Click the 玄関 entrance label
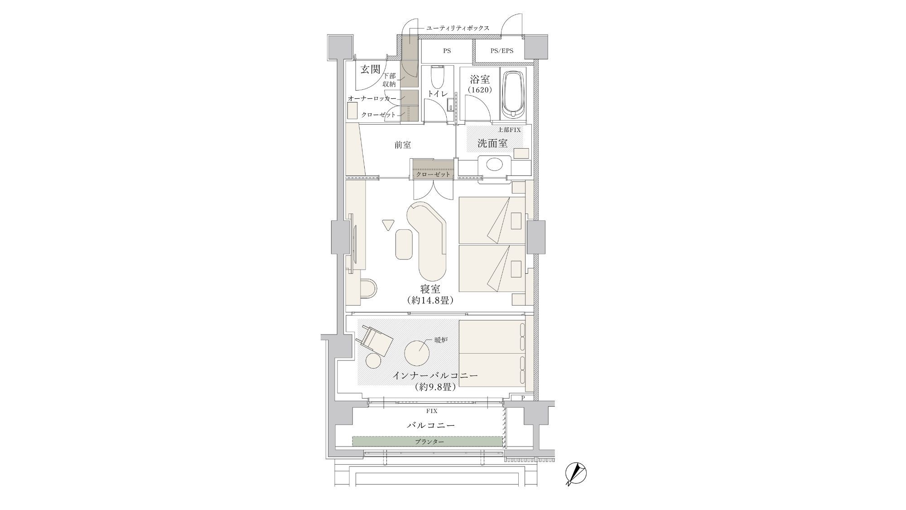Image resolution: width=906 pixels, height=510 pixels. [x=371, y=69]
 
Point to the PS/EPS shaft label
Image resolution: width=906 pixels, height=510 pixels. [x=501, y=51]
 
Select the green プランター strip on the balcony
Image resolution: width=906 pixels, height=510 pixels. [x=428, y=441]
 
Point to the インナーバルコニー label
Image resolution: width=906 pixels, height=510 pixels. [x=435, y=376]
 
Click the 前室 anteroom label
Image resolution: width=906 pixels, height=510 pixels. [x=403, y=145]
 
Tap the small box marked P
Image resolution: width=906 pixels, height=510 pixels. [x=523, y=398]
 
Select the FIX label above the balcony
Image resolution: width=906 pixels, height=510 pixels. [x=432, y=411]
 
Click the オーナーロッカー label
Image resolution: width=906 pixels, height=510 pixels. [x=372, y=98]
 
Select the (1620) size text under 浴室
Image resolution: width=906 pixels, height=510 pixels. [x=480, y=90]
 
